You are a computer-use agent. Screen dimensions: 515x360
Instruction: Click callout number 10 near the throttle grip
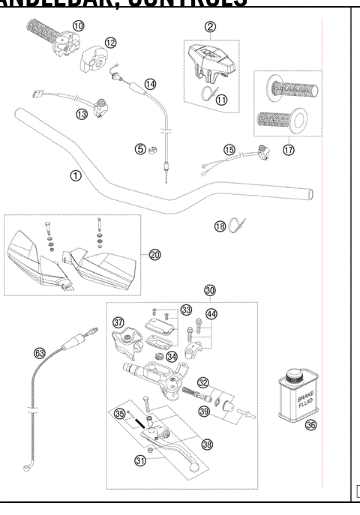[x=78, y=25]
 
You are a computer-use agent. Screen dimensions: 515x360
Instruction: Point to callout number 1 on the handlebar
[x=75, y=175]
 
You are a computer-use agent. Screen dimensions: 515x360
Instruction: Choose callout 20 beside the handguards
[x=155, y=255]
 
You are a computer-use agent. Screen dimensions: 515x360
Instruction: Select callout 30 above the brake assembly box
[x=210, y=290]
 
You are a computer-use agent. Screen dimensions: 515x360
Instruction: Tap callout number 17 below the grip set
[x=288, y=149]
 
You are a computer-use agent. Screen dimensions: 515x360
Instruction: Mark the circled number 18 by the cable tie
[x=220, y=226]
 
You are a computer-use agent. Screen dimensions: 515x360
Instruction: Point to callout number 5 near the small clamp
[x=139, y=148]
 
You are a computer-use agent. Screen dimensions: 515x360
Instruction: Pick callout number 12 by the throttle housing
[x=110, y=43]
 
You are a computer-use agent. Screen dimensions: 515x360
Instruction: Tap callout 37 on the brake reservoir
[x=118, y=322]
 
